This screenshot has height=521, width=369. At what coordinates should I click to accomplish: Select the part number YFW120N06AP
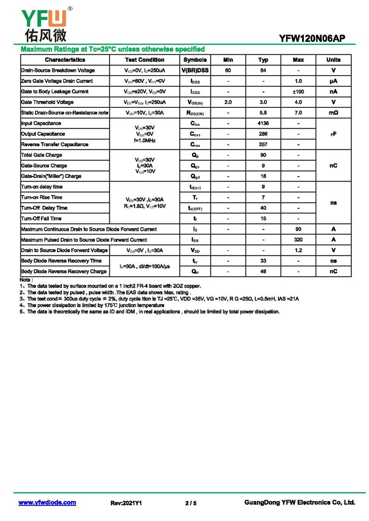tap(312, 39)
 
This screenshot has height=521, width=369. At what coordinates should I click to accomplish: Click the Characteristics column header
tap(65, 60)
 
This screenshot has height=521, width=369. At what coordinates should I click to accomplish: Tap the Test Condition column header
tap(144, 60)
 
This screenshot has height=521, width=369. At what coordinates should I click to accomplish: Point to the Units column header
tap(333, 60)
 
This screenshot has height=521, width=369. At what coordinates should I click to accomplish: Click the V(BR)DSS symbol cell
tap(195, 71)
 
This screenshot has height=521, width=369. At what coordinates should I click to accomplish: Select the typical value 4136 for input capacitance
tap(263, 124)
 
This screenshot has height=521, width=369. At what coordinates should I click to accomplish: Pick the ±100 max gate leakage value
tap(298, 92)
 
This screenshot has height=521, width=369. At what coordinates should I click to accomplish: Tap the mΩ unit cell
tap(333, 113)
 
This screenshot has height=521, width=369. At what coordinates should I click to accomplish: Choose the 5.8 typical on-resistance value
tap(263, 113)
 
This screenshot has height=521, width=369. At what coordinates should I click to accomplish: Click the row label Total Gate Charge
tap(42, 155)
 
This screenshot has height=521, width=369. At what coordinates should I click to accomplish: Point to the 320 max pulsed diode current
tap(298, 240)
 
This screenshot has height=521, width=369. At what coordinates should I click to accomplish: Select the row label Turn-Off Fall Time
tap(41, 219)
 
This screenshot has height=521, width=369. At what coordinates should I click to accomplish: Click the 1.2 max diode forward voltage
tap(298, 250)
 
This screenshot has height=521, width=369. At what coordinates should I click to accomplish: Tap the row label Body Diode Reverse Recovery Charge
tap(64, 272)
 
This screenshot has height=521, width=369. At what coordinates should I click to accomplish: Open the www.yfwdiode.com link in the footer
tap(47, 503)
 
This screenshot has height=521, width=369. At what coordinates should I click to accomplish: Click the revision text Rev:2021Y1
tap(126, 503)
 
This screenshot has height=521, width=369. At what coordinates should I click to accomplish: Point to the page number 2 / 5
tap(190, 503)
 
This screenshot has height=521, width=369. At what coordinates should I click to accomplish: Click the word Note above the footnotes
tap(26, 280)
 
